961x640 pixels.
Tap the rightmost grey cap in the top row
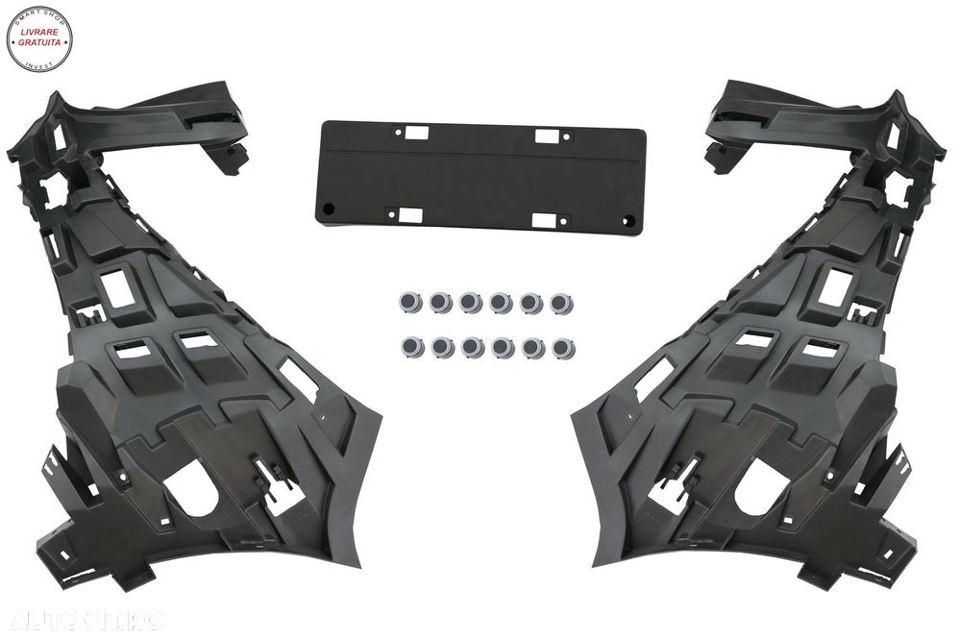coord(559,304)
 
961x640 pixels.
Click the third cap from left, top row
coord(470,304)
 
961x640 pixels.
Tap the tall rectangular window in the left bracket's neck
coord(123,286)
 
